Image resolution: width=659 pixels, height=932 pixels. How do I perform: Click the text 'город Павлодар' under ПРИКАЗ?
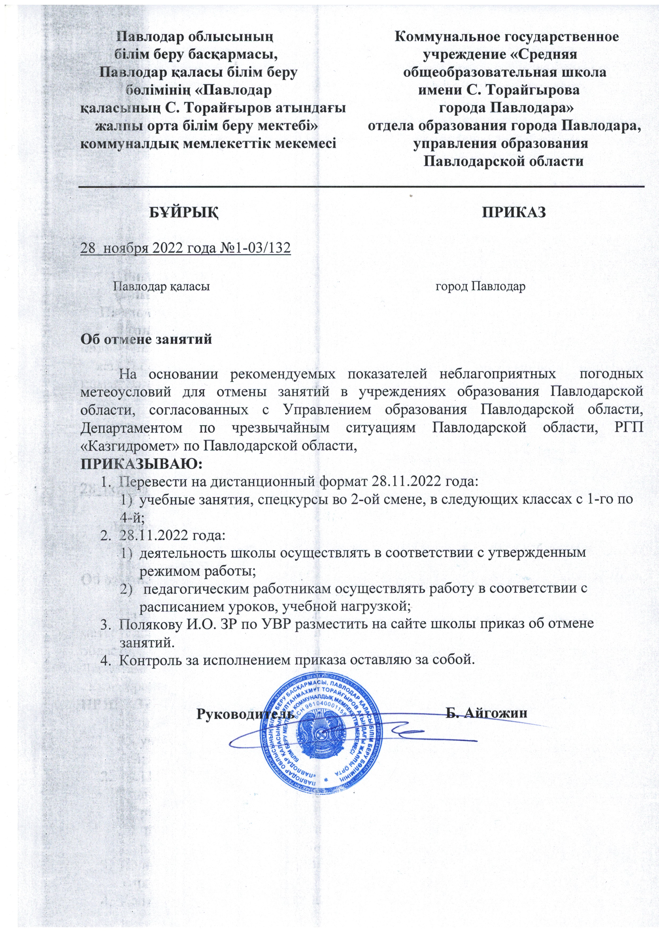[480, 287]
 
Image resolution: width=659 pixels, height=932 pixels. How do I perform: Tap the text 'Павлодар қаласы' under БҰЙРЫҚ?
[161, 287]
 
